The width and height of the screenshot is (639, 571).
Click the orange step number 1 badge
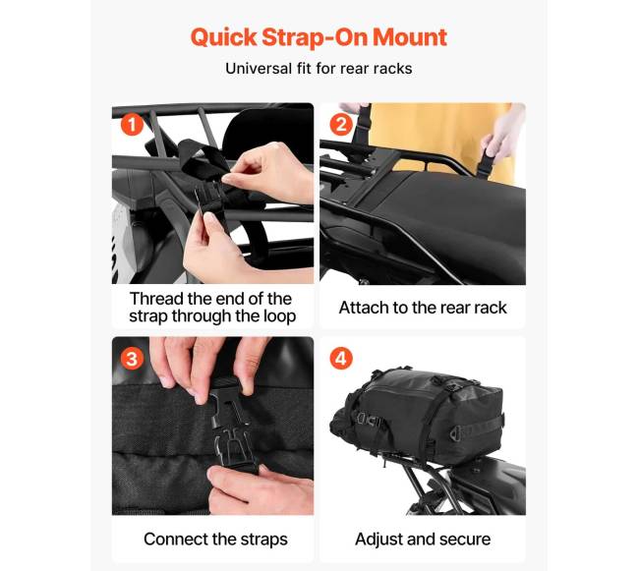(x=132, y=124)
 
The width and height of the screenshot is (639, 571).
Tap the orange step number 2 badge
(x=341, y=124)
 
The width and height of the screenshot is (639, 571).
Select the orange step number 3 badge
(x=132, y=359)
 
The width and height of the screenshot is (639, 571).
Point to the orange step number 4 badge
(x=341, y=359)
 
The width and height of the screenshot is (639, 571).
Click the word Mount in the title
(x=410, y=37)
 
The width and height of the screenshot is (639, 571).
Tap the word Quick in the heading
(x=223, y=37)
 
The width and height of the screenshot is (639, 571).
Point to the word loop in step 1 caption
(x=279, y=316)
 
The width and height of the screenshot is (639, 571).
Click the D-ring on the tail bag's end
(x=456, y=433)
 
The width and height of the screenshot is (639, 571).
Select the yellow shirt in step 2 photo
(x=440, y=139)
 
